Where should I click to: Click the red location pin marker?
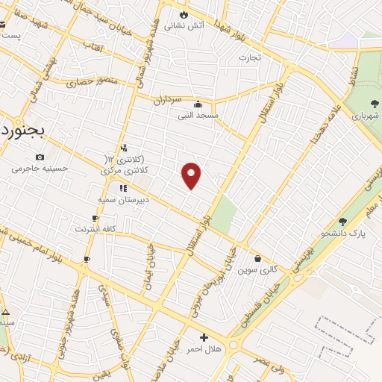point(192,175)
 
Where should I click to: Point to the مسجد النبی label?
point(198,116)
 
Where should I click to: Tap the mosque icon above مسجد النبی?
point(198,104)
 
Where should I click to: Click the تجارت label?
point(250,57)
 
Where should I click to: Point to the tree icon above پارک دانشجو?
point(342,222)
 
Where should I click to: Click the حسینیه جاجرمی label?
point(40,168)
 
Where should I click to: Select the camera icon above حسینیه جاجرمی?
point(40,157)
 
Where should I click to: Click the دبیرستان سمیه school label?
point(124,200)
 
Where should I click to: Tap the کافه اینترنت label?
point(94,230)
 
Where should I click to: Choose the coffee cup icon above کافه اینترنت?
point(94,219)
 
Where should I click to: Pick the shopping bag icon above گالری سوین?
point(257,259)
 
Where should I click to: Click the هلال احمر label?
point(204,349)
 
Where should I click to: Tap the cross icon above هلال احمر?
point(204,337)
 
